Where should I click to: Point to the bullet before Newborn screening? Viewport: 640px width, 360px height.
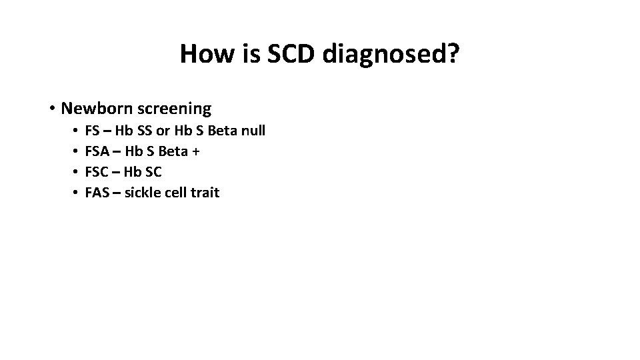point(51,108)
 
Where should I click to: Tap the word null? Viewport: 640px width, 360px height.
point(252,131)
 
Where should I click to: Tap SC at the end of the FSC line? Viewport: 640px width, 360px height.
point(153,172)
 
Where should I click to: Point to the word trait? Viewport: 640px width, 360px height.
point(205,193)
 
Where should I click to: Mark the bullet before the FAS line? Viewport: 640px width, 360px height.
point(77,193)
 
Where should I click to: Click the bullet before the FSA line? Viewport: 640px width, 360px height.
point(77,151)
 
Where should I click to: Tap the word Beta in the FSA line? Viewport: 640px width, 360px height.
point(173,151)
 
